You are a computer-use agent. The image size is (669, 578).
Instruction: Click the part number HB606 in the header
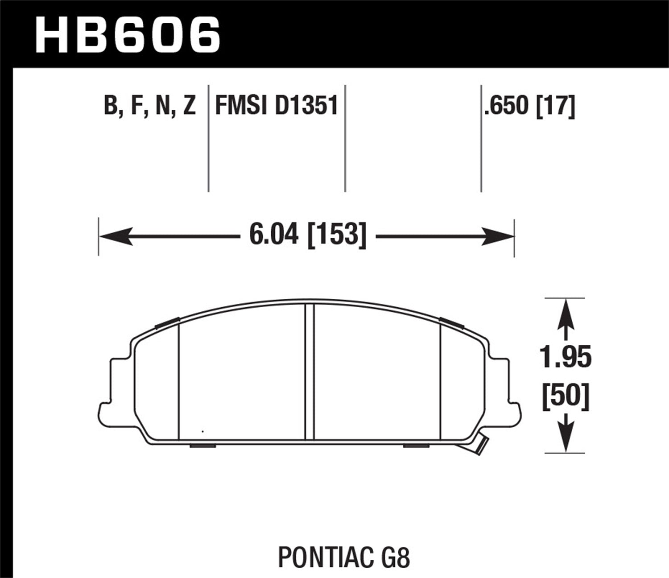[127, 34]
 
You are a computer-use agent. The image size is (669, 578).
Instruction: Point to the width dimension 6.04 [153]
[308, 235]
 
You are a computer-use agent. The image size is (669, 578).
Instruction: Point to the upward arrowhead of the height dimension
[566, 310]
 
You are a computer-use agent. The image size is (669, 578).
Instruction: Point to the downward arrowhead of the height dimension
[566, 439]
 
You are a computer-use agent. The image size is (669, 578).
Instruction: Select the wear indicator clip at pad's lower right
[481, 446]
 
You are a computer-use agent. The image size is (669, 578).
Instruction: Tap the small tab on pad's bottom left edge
[203, 445]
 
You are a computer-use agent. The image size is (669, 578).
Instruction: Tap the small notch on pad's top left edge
[167, 322]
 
